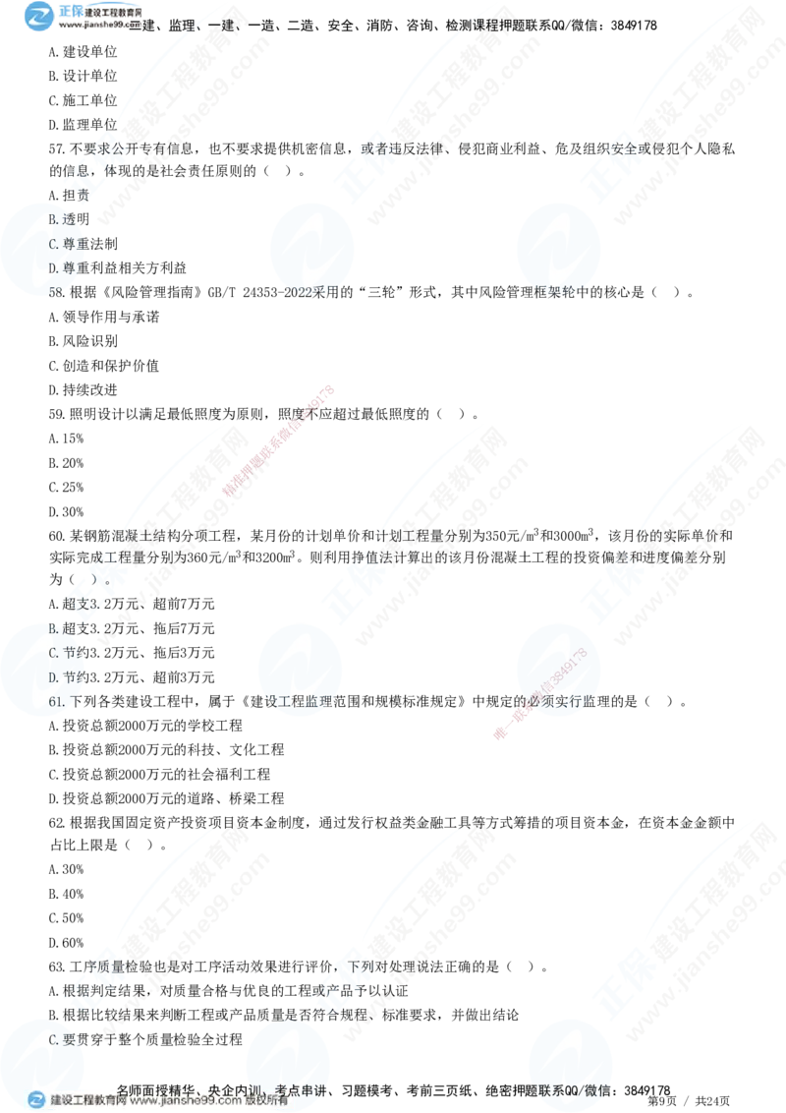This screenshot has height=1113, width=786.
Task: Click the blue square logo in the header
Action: pyautogui.click(x=38, y=15)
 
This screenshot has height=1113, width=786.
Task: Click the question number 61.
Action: pyautogui.click(x=57, y=702)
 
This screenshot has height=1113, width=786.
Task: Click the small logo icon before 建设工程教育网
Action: pyautogui.click(x=36, y=1101)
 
